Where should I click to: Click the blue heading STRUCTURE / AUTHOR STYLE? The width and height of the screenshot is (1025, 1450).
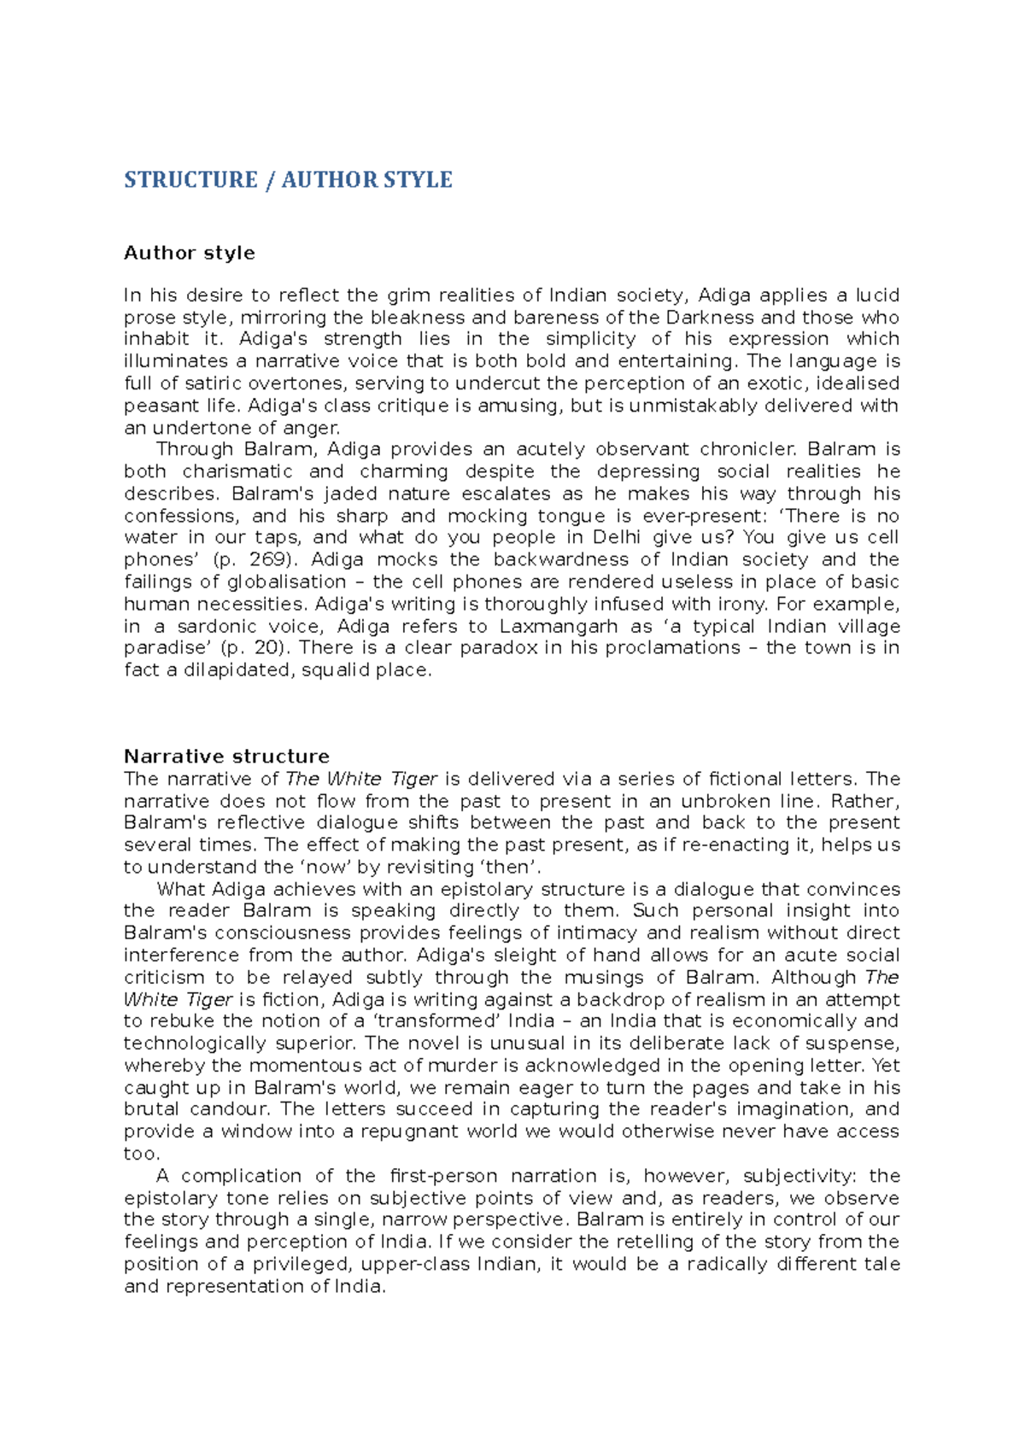[x=288, y=180]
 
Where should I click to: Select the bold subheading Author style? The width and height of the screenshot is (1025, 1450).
[x=189, y=253]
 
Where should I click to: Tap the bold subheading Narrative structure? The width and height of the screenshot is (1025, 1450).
[x=226, y=757]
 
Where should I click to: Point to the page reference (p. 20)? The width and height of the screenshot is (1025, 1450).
[x=255, y=648]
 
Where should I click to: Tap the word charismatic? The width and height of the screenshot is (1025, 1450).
[x=237, y=471]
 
